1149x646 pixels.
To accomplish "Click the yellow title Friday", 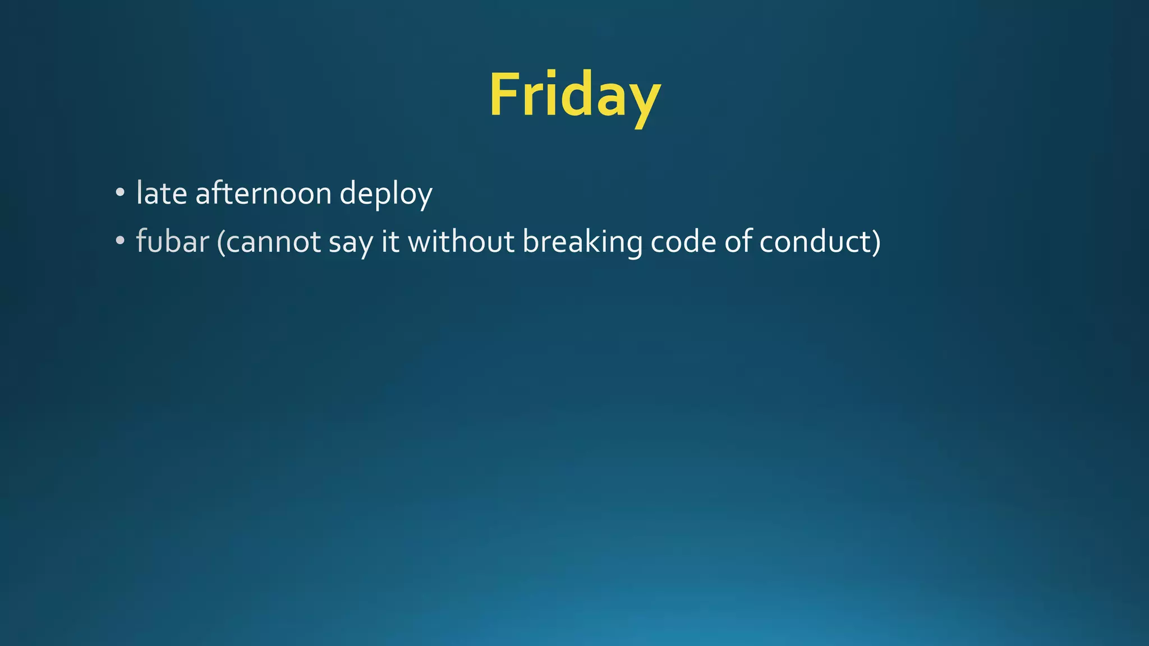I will click(574, 95).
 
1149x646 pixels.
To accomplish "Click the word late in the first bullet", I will click(162, 193).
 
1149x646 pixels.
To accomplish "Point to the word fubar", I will click(172, 242).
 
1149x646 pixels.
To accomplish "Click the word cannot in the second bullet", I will click(269, 242).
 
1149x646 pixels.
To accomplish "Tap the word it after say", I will click(390, 242).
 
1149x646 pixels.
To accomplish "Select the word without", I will click(461, 242).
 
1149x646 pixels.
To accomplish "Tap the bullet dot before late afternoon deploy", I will click(120, 193).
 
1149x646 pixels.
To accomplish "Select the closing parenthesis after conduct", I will click(876, 243).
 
